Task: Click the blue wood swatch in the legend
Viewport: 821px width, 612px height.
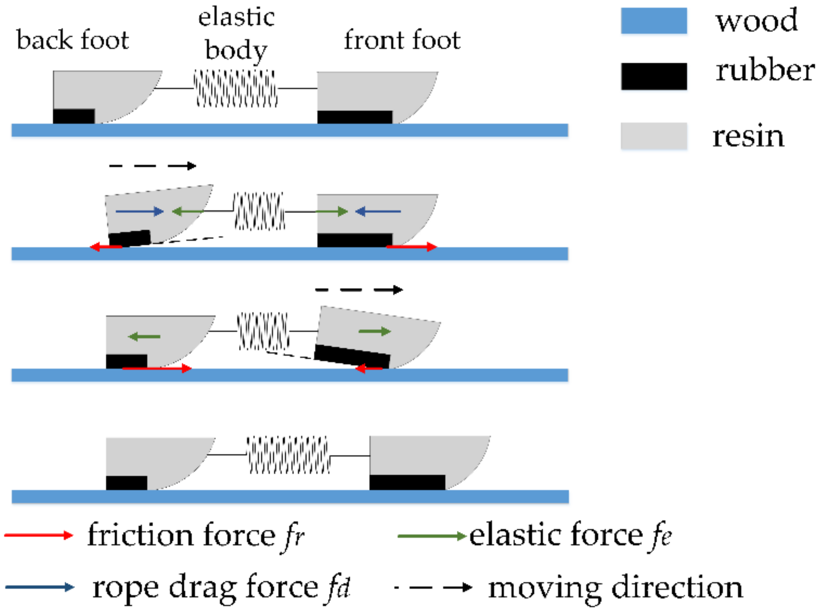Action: tap(653, 21)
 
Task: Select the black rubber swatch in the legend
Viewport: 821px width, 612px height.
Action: tap(654, 76)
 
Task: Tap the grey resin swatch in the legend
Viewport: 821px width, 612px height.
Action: tap(654, 136)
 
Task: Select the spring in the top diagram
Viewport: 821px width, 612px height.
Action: tap(236, 89)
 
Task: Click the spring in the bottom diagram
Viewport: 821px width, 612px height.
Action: tap(288, 455)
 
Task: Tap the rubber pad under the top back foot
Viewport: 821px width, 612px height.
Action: tap(74, 116)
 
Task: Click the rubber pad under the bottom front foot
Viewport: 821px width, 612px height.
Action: tap(407, 482)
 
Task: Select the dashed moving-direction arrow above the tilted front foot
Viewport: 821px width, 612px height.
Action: tap(359, 290)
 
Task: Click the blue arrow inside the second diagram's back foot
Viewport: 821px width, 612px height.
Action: tap(140, 212)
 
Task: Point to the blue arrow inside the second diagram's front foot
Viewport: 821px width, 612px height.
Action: tap(378, 212)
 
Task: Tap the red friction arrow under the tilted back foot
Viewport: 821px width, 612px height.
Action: tap(106, 247)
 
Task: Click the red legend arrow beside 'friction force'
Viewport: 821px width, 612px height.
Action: tap(39, 535)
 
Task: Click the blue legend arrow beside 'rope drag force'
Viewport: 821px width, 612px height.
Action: tap(40, 587)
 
